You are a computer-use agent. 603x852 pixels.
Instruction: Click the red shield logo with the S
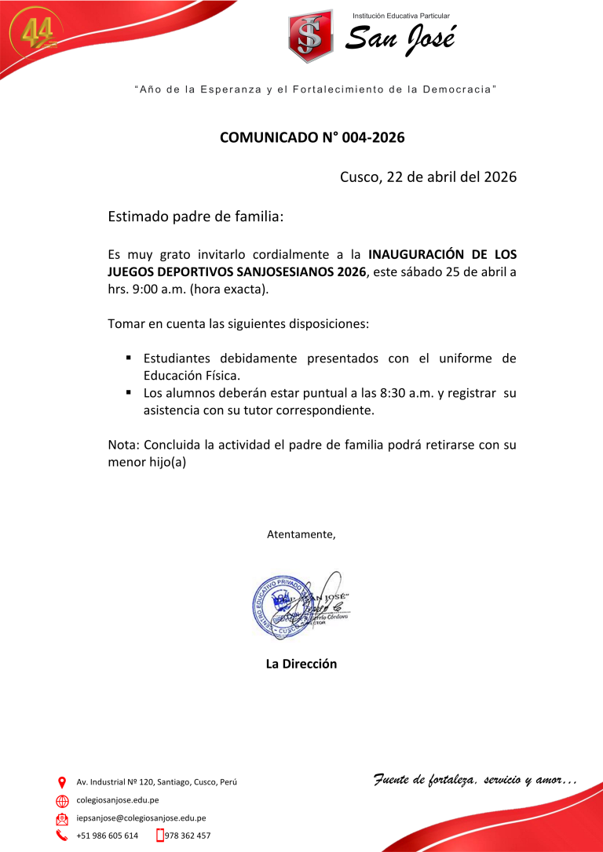(311, 37)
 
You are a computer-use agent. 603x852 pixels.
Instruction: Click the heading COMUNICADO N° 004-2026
(312, 138)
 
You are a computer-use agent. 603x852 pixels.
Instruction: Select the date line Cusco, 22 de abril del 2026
(428, 177)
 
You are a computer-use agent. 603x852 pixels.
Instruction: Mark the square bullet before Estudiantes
(126, 358)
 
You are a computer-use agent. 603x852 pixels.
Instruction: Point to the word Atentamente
(301, 535)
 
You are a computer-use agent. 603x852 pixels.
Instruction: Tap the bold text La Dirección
(301, 664)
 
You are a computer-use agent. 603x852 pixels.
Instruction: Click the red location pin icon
(62, 782)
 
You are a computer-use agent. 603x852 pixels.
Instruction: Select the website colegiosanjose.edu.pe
(118, 800)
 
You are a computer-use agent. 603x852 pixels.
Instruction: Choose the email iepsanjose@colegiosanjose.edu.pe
(141, 817)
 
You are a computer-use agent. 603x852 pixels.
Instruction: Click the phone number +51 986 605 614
(107, 836)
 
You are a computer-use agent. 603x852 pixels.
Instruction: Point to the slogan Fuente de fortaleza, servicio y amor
(474, 779)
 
